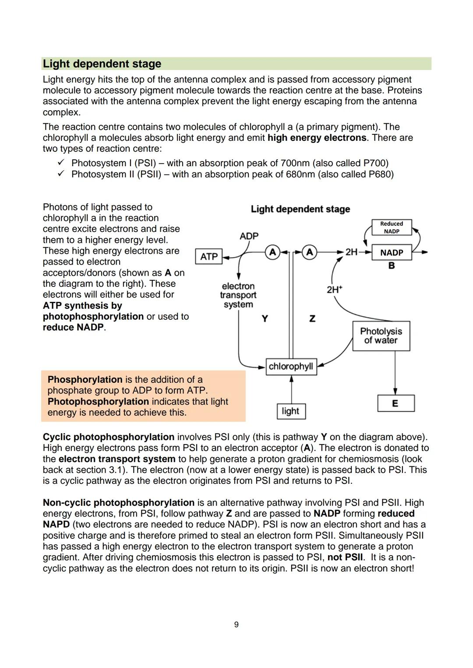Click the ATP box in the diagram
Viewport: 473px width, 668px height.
coord(208,256)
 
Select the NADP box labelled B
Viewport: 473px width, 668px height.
coord(392,252)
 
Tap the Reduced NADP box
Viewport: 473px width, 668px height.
coord(392,227)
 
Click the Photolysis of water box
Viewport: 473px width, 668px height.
coord(381,336)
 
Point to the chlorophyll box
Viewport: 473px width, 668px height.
coord(291,366)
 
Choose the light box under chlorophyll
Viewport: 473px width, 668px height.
coord(291,411)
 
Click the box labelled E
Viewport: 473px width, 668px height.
coord(395,403)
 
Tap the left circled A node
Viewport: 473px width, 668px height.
coord(272,252)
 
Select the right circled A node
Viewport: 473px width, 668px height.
coord(310,252)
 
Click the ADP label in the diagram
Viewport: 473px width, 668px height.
coord(249,236)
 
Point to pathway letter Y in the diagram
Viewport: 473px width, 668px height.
coord(265,318)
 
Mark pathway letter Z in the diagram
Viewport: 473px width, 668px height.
coord(312,318)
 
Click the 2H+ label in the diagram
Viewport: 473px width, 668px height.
coord(335,289)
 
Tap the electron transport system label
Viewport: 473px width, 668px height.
coord(238,295)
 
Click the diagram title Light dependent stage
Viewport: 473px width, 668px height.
coord(300,209)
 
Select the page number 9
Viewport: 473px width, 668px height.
coord(236,624)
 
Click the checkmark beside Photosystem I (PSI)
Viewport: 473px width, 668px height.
coord(61,163)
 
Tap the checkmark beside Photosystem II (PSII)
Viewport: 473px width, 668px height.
coord(61,174)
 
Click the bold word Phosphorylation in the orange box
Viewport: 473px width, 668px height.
coord(85,379)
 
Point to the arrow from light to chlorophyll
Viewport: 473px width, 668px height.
coord(291,389)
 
